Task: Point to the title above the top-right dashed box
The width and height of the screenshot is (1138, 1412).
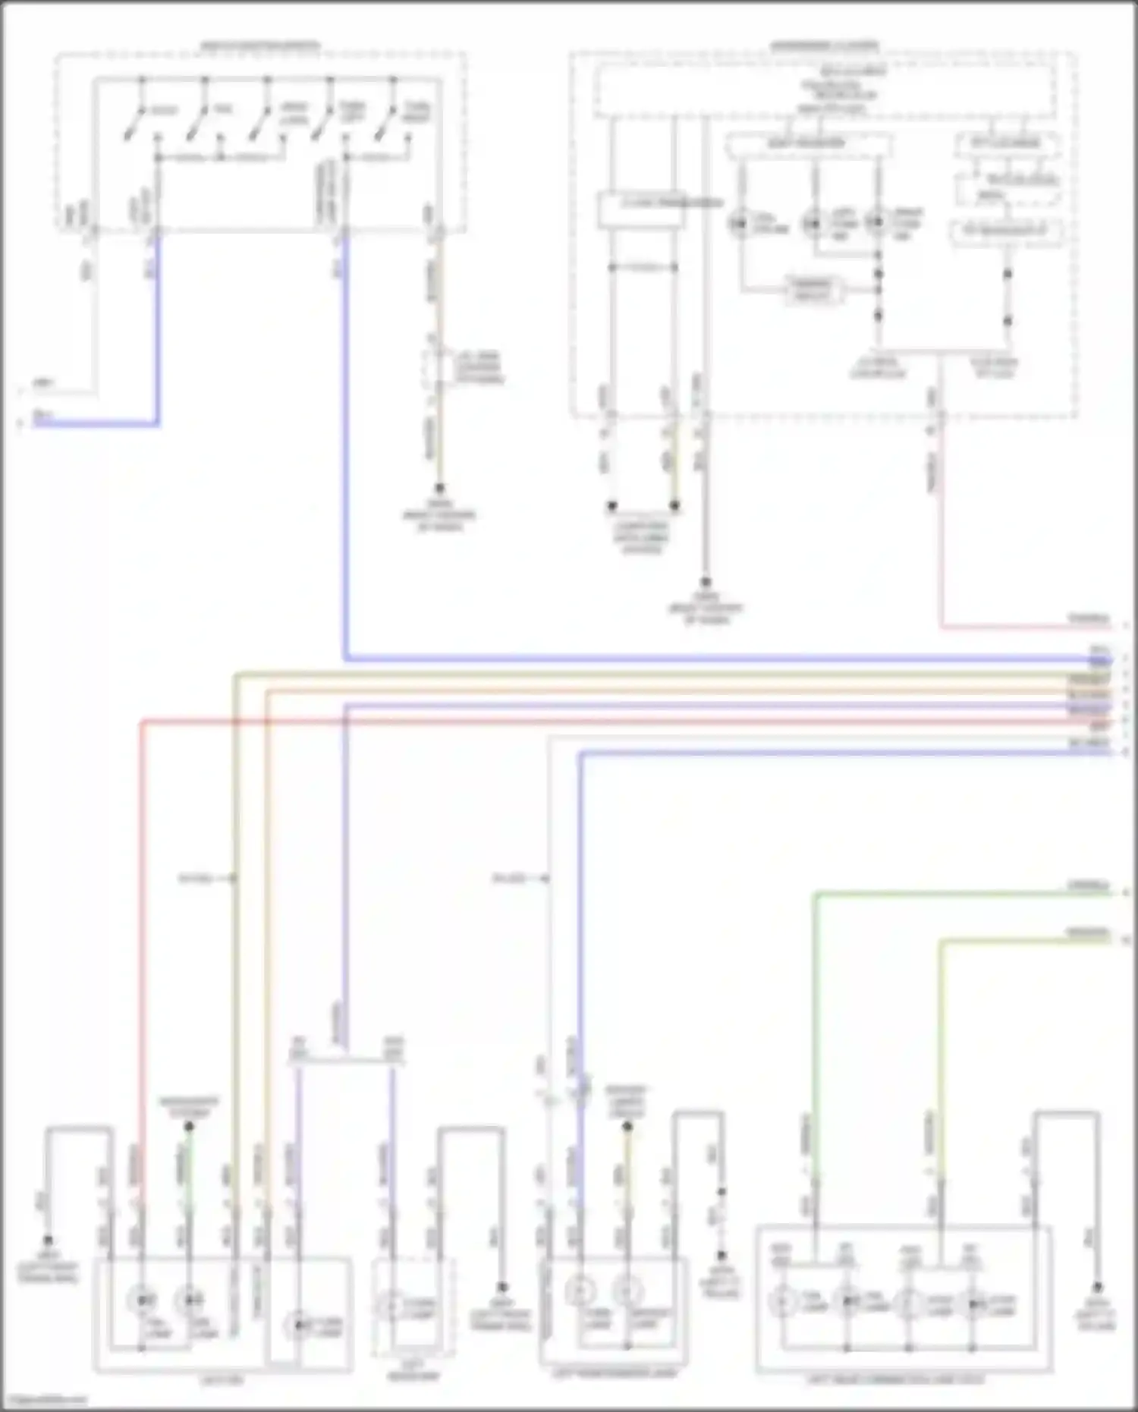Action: point(824,46)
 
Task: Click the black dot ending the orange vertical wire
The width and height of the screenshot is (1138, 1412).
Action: point(439,489)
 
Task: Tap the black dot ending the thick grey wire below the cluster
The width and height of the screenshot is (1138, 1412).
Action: point(705,583)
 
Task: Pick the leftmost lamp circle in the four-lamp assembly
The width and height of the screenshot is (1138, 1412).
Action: point(781,1303)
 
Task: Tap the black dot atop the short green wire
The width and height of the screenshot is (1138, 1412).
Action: point(189,1126)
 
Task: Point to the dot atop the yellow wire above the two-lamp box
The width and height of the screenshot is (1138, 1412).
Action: point(627,1127)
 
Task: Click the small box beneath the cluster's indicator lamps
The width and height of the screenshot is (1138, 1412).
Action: point(812,290)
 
